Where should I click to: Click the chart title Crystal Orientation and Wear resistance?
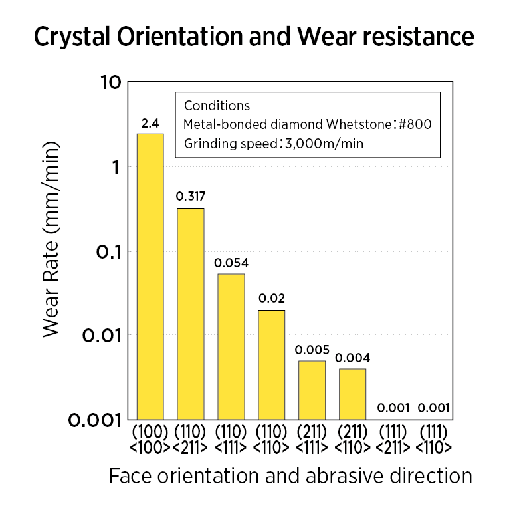click(x=254, y=37)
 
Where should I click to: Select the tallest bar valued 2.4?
click(x=150, y=276)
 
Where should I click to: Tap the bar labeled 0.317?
click(x=190, y=313)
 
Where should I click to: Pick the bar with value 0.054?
click(x=231, y=346)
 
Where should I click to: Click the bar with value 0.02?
click(x=271, y=364)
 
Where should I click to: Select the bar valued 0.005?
click(x=312, y=390)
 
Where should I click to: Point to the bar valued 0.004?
click(x=352, y=393)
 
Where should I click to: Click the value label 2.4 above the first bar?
click(x=150, y=124)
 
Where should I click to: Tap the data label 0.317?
click(x=190, y=197)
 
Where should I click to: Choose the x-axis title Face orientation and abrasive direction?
click(x=290, y=476)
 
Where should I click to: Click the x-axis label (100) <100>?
click(x=150, y=438)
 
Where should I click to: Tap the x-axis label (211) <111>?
click(x=312, y=438)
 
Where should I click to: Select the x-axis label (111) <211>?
click(x=393, y=438)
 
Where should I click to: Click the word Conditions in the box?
click(x=217, y=106)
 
